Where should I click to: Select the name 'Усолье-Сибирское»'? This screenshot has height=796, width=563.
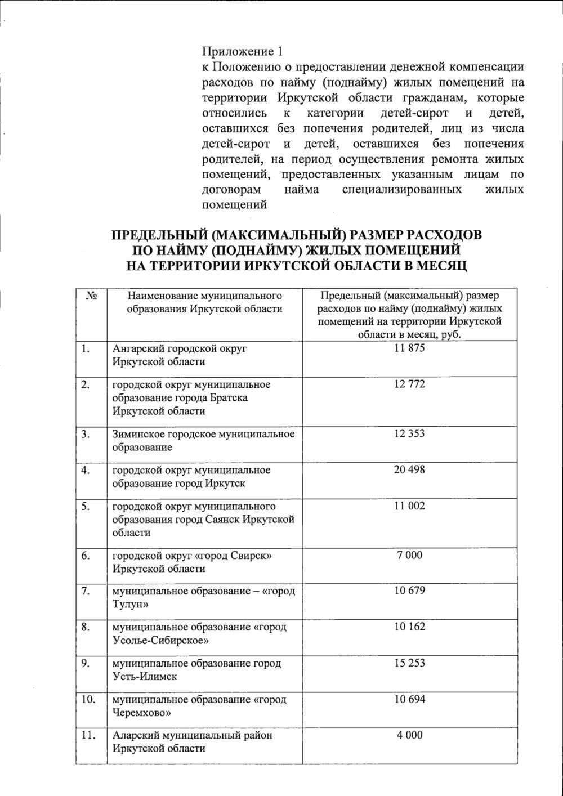click(160, 641)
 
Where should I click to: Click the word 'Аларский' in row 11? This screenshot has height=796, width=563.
click(135, 735)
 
